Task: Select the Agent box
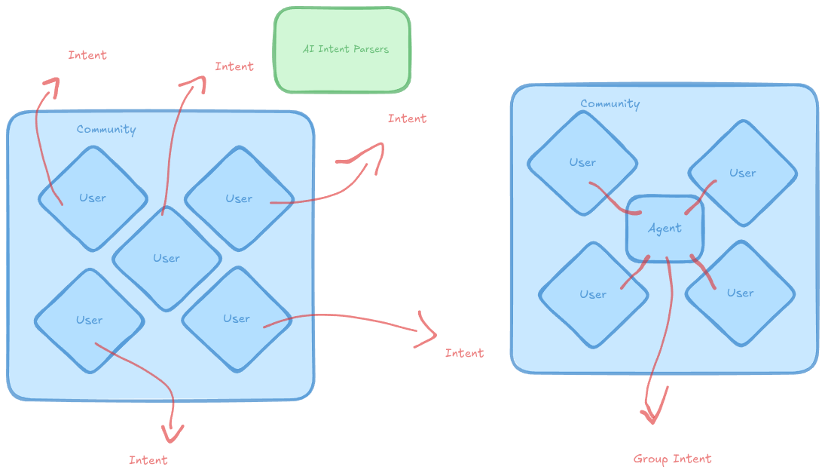pyautogui.click(x=665, y=229)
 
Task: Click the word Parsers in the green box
pyautogui.click(x=369, y=49)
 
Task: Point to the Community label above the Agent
pyautogui.click(x=610, y=104)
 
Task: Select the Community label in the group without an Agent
pyautogui.click(x=106, y=130)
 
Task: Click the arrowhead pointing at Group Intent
pyautogui.click(x=652, y=415)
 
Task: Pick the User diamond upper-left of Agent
pyautogui.click(x=582, y=162)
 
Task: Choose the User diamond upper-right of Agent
pyautogui.click(x=742, y=173)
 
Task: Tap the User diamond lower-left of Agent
pyautogui.click(x=593, y=294)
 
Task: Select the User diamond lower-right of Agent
pyautogui.click(x=740, y=293)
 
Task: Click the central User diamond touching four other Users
pyautogui.click(x=167, y=258)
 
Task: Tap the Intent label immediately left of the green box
pyautogui.click(x=234, y=66)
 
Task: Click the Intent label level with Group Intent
pyautogui.click(x=148, y=460)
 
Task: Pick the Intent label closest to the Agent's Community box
pyautogui.click(x=464, y=353)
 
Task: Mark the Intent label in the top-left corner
pyautogui.click(x=87, y=55)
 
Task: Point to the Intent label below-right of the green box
pyautogui.click(x=407, y=118)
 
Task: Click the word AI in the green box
pyautogui.click(x=308, y=49)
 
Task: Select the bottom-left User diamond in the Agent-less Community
pyautogui.click(x=89, y=320)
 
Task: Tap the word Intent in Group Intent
pyautogui.click(x=692, y=459)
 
